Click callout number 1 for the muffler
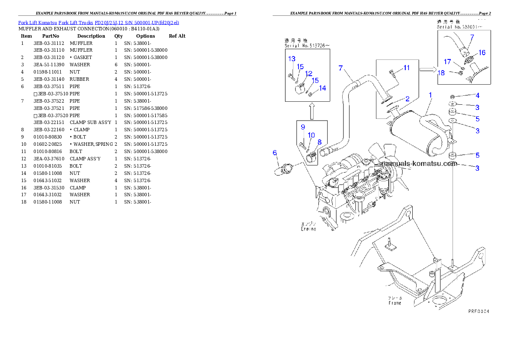[x=430, y=94]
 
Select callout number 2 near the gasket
[x=407, y=99]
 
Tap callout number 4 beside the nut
[x=477, y=95]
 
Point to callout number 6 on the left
[x=275, y=153]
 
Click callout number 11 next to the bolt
[x=406, y=68]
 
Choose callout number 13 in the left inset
[x=291, y=59]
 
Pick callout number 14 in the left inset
[x=323, y=88]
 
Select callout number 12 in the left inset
[x=308, y=74]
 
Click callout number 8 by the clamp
[x=319, y=142]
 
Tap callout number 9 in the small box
[x=302, y=127]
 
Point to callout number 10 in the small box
[x=311, y=135]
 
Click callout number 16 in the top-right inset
[x=482, y=53]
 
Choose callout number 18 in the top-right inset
[x=441, y=73]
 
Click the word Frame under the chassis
[x=395, y=303]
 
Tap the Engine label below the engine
[x=308, y=229]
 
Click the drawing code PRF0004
[x=478, y=311]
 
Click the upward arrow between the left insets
[x=312, y=111]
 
